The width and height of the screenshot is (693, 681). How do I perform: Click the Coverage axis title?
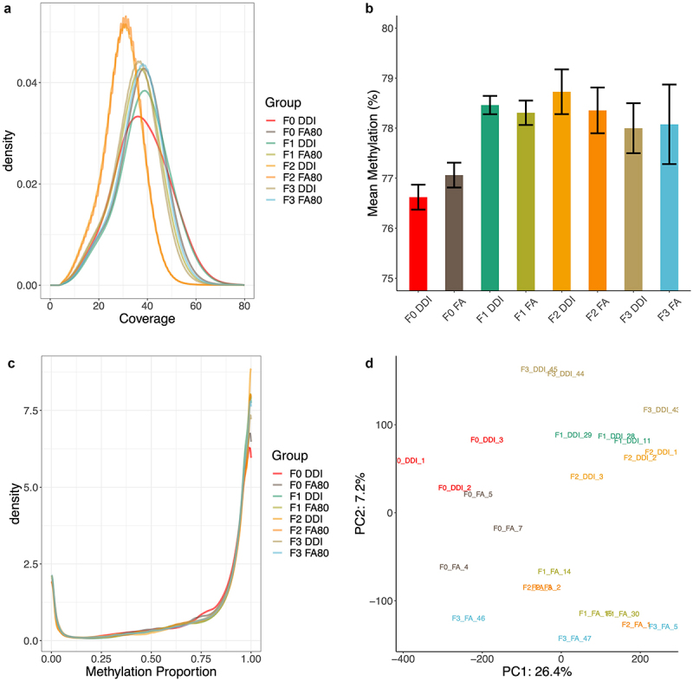(x=146, y=319)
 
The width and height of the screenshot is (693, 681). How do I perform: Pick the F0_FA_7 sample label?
(x=508, y=529)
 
